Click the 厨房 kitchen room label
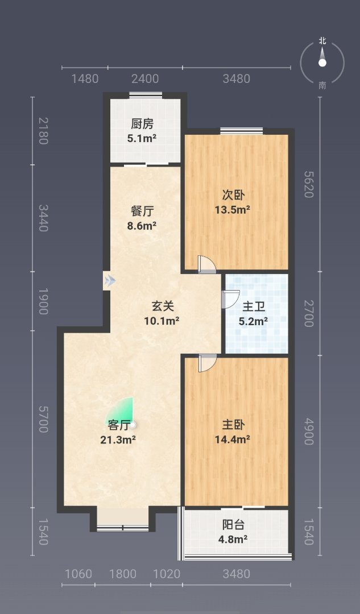142,124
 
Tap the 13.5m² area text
233,210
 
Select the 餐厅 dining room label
142,211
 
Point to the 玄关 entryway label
163,306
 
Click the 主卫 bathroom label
254,306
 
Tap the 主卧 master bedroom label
233,425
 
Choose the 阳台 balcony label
233,525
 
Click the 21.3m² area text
118,439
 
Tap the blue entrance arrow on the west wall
110,280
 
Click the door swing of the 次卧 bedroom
207,264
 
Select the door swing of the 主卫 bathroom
231,300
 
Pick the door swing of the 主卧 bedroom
207,363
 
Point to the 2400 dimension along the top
146,78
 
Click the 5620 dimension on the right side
309,184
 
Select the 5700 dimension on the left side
43,419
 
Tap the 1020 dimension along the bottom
167,574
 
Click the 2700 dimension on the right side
309,313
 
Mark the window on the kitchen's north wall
146,94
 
